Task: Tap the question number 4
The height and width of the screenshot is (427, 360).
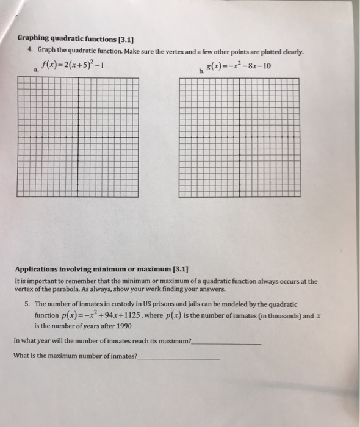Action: (x=31, y=50)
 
